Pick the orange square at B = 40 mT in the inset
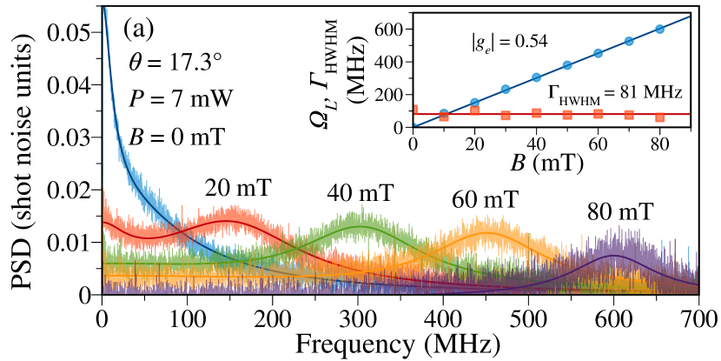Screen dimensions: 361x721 (x=537, y=113)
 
